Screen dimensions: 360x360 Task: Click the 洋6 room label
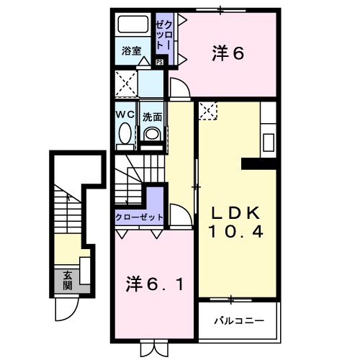click(x=228, y=53)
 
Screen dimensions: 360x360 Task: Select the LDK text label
click(x=235, y=214)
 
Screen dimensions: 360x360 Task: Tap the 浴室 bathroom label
click(x=130, y=52)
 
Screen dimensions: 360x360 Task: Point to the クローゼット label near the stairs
click(x=140, y=217)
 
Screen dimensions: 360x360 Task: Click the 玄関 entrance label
click(x=67, y=279)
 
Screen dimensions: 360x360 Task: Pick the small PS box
click(x=159, y=62)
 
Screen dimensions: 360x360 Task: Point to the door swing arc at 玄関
click(x=68, y=308)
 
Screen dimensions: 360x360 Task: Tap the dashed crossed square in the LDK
click(x=208, y=112)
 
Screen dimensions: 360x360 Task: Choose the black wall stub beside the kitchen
click(x=259, y=163)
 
